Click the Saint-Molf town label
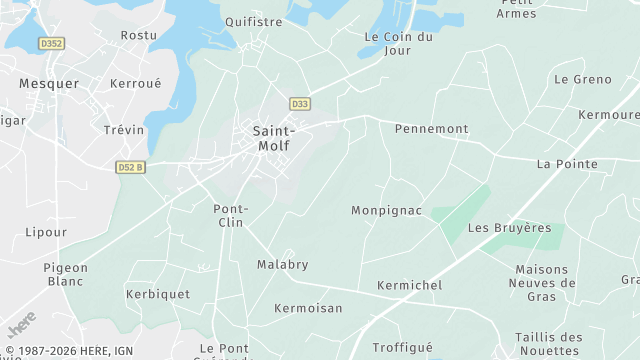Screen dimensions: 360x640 coord(273,138)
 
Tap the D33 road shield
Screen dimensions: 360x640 coord(299,104)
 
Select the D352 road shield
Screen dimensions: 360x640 coord(51,43)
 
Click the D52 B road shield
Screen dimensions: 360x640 coord(130,167)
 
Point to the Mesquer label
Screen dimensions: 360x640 coord(48,84)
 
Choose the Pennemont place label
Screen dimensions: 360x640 coord(431,129)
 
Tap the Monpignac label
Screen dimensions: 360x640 coord(386,211)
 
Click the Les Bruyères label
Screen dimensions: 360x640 coord(509,228)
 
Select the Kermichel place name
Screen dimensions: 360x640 coord(409,286)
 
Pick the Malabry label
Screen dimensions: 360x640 coord(282,265)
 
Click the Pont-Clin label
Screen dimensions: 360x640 coord(231,215)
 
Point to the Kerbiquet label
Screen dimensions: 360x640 coord(158,295)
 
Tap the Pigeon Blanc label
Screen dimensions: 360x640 coord(66,274)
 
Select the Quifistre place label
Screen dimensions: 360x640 coord(253,21)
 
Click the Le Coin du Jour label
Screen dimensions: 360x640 coord(398,44)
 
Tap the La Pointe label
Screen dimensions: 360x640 coord(567,164)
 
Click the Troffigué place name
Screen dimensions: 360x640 coord(402,348)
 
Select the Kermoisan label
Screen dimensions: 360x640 coord(308,308)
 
